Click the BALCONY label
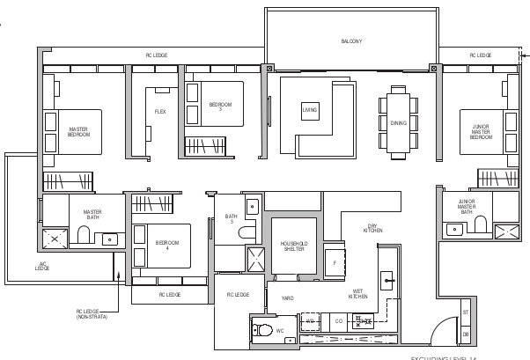tap(351, 41)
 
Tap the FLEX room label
tap(160, 112)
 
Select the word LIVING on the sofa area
tap(310, 111)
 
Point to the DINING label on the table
tap(399, 123)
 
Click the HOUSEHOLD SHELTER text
tap(293, 246)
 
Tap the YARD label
tap(287, 298)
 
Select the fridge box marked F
tap(335, 263)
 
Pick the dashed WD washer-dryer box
tap(310, 321)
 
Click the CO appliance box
tap(338, 321)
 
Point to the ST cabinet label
tap(465, 312)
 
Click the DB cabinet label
tap(465, 334)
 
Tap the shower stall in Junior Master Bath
tap(506, 231)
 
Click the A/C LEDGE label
tap(42, 266)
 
